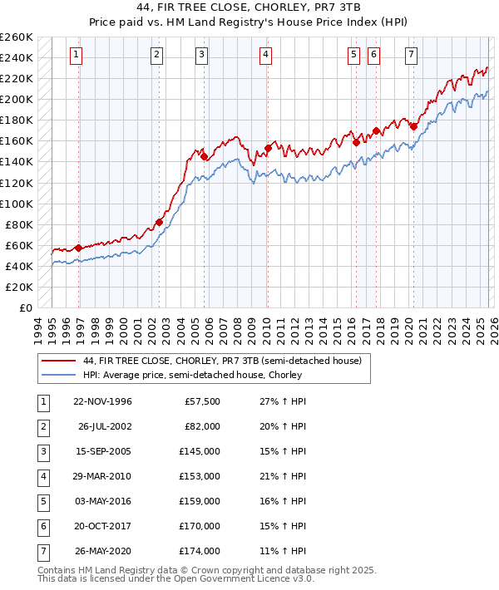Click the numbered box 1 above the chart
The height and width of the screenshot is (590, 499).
tap(76, 55)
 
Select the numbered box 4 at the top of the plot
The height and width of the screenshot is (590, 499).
tap(265, 55)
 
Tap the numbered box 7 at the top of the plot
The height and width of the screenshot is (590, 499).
tap(411, 55)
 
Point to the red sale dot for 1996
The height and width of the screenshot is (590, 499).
tap(78, 248)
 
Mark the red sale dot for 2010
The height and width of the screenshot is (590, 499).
tap(268, 148)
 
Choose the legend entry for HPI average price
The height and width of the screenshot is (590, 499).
tap(192, 375)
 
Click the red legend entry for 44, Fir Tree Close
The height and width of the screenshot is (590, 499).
tap(222, 361)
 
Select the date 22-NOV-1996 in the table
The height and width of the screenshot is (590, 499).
tap(102, 401)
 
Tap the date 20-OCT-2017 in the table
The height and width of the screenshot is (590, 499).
tap(102, 524)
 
